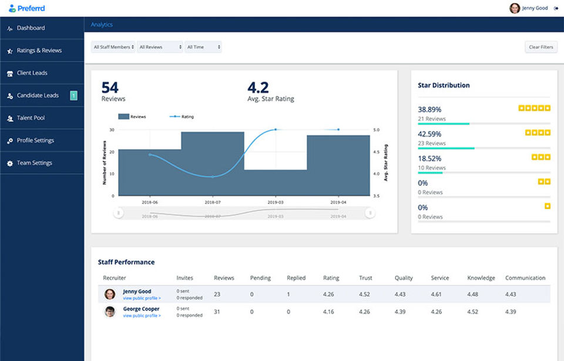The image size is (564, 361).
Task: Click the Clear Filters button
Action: [540, 47]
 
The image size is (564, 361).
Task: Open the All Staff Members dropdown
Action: [113, 47]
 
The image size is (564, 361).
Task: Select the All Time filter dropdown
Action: [203, 47]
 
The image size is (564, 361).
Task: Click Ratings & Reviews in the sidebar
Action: [39, 50]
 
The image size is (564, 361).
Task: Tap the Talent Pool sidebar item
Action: [31, 117]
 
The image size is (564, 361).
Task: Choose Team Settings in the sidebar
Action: [35, 163]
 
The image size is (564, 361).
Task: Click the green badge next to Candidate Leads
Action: [73, 95]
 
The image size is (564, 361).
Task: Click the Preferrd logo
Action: [27, 8]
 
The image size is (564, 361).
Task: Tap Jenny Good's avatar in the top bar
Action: [515, 8]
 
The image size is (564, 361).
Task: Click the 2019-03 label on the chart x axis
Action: [276, 203]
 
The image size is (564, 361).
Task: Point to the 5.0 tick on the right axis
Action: [376, 130]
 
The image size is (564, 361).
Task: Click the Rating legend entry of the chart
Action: [182, 116]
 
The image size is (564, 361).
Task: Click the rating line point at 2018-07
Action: [213, 177]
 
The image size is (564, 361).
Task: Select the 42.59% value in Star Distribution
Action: [429, 134]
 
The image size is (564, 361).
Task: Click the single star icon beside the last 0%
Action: [548, 206]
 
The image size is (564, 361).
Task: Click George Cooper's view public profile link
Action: [142, 316]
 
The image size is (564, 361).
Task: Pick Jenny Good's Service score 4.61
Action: [436, 294]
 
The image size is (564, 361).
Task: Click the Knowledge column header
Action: [481, 278]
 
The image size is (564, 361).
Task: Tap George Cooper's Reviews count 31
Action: [217, 312]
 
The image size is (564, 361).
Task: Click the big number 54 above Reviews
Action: [110, 87]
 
